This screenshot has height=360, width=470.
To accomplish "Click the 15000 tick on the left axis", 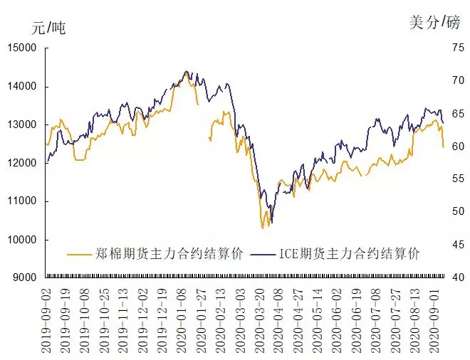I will coord(23,48).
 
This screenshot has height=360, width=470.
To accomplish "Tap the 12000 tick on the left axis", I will coord(23,163).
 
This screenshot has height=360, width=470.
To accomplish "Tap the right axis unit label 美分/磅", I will coord(435,22).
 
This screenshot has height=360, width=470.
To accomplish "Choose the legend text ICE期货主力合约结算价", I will coord(349,254).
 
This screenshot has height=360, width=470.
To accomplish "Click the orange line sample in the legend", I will coord(80,254).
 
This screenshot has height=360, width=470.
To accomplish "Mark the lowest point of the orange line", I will coord(263,228).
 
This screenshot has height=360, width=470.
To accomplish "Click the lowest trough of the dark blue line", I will coord(271,223).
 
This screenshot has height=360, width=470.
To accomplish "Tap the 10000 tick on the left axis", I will coord(23,239).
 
